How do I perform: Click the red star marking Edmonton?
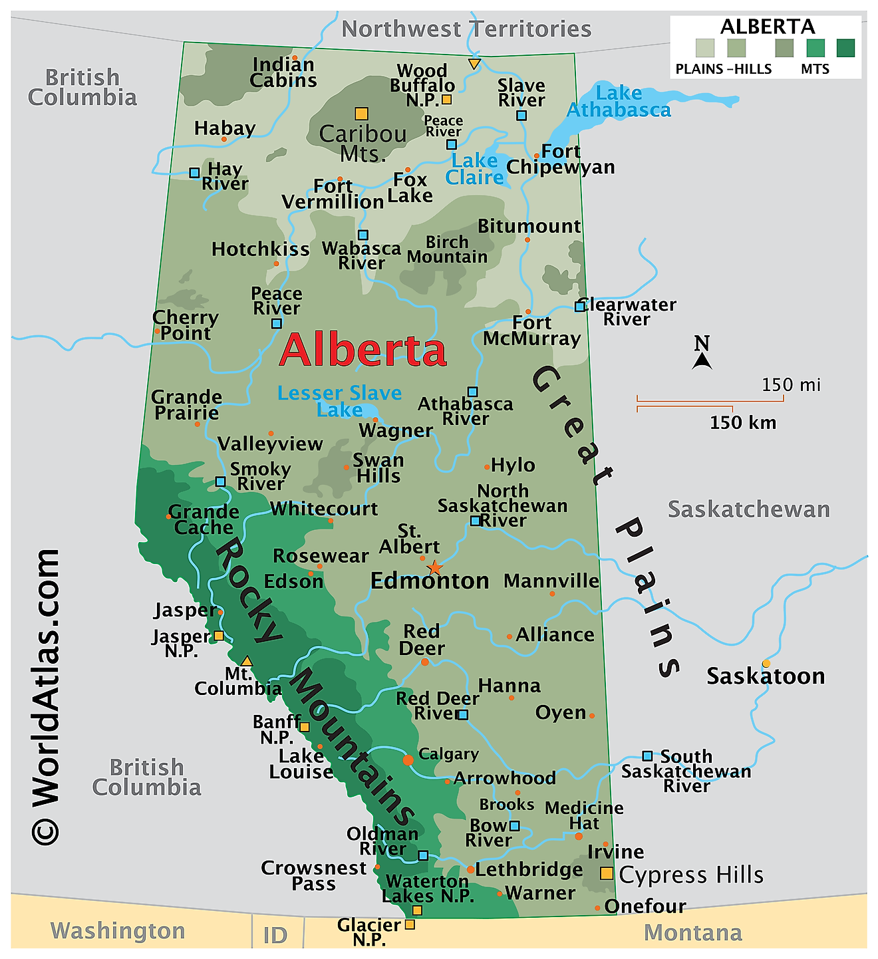[x=434, y=567]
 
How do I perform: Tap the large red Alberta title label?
[x=363, y=350]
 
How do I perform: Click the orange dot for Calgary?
[x=408, y=759]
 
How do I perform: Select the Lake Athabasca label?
[x=619, y=102]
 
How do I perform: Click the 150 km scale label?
[x=743, y=422]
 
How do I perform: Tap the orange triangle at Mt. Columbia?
[x=247, y=661]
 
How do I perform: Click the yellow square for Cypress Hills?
[x=607, y=873]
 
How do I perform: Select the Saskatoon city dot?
[x=766, y=663]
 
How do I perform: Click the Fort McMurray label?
[x=531, y=331]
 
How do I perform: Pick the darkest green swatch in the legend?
[x=845, y=48]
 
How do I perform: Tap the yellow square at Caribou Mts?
[x=361, y=114]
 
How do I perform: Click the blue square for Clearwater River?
[x=580, y=306]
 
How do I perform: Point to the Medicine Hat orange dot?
[x=579, y=836]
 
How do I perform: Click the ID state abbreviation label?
[x=275, y=935]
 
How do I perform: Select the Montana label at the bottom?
[x=692, y=932]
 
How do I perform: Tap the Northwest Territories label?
[x=466, y=29]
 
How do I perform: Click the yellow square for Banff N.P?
[x=304, y=727]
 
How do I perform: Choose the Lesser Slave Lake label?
[x=339, y=401]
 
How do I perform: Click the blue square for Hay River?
[x=194, y=173]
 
